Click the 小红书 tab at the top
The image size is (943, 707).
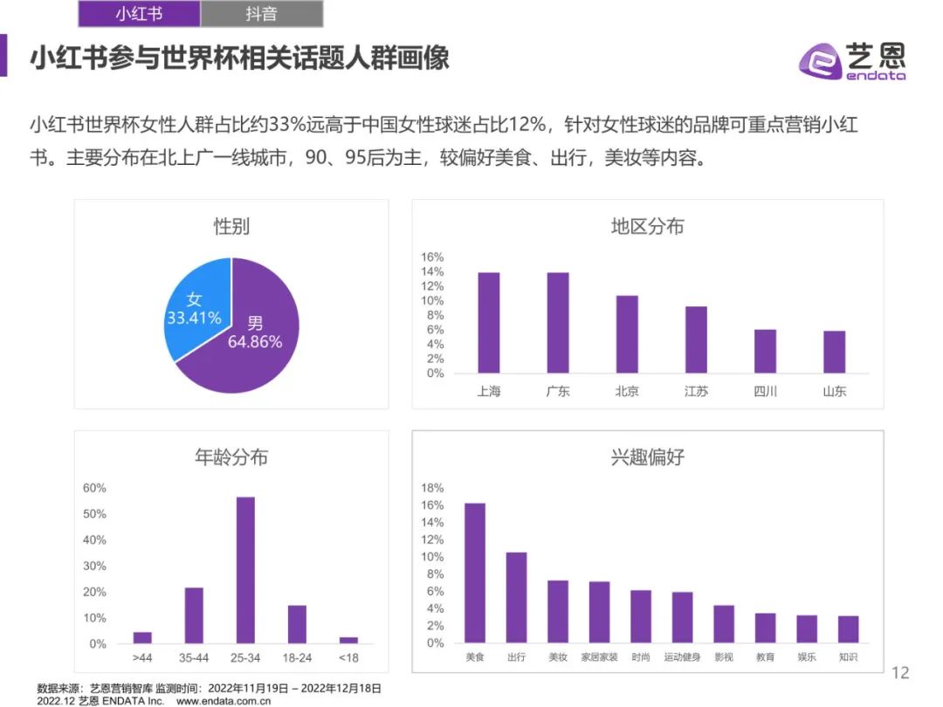139,14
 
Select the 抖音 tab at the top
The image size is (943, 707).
261,14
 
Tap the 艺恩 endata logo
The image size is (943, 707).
851,61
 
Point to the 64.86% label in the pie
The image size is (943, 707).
255,342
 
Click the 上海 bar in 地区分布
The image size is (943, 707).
489,323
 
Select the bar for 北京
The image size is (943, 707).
627,334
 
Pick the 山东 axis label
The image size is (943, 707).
834,391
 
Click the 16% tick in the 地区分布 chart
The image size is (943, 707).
433,257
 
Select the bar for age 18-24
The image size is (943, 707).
297,624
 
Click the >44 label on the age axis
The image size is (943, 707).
142,657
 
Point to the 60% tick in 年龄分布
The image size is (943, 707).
94,488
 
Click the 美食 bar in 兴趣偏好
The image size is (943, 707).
475,573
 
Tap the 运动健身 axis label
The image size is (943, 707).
682,657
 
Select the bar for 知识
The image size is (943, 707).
848,629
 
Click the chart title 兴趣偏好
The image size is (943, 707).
647,456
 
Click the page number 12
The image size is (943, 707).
899,672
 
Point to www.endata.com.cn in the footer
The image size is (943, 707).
224,700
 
